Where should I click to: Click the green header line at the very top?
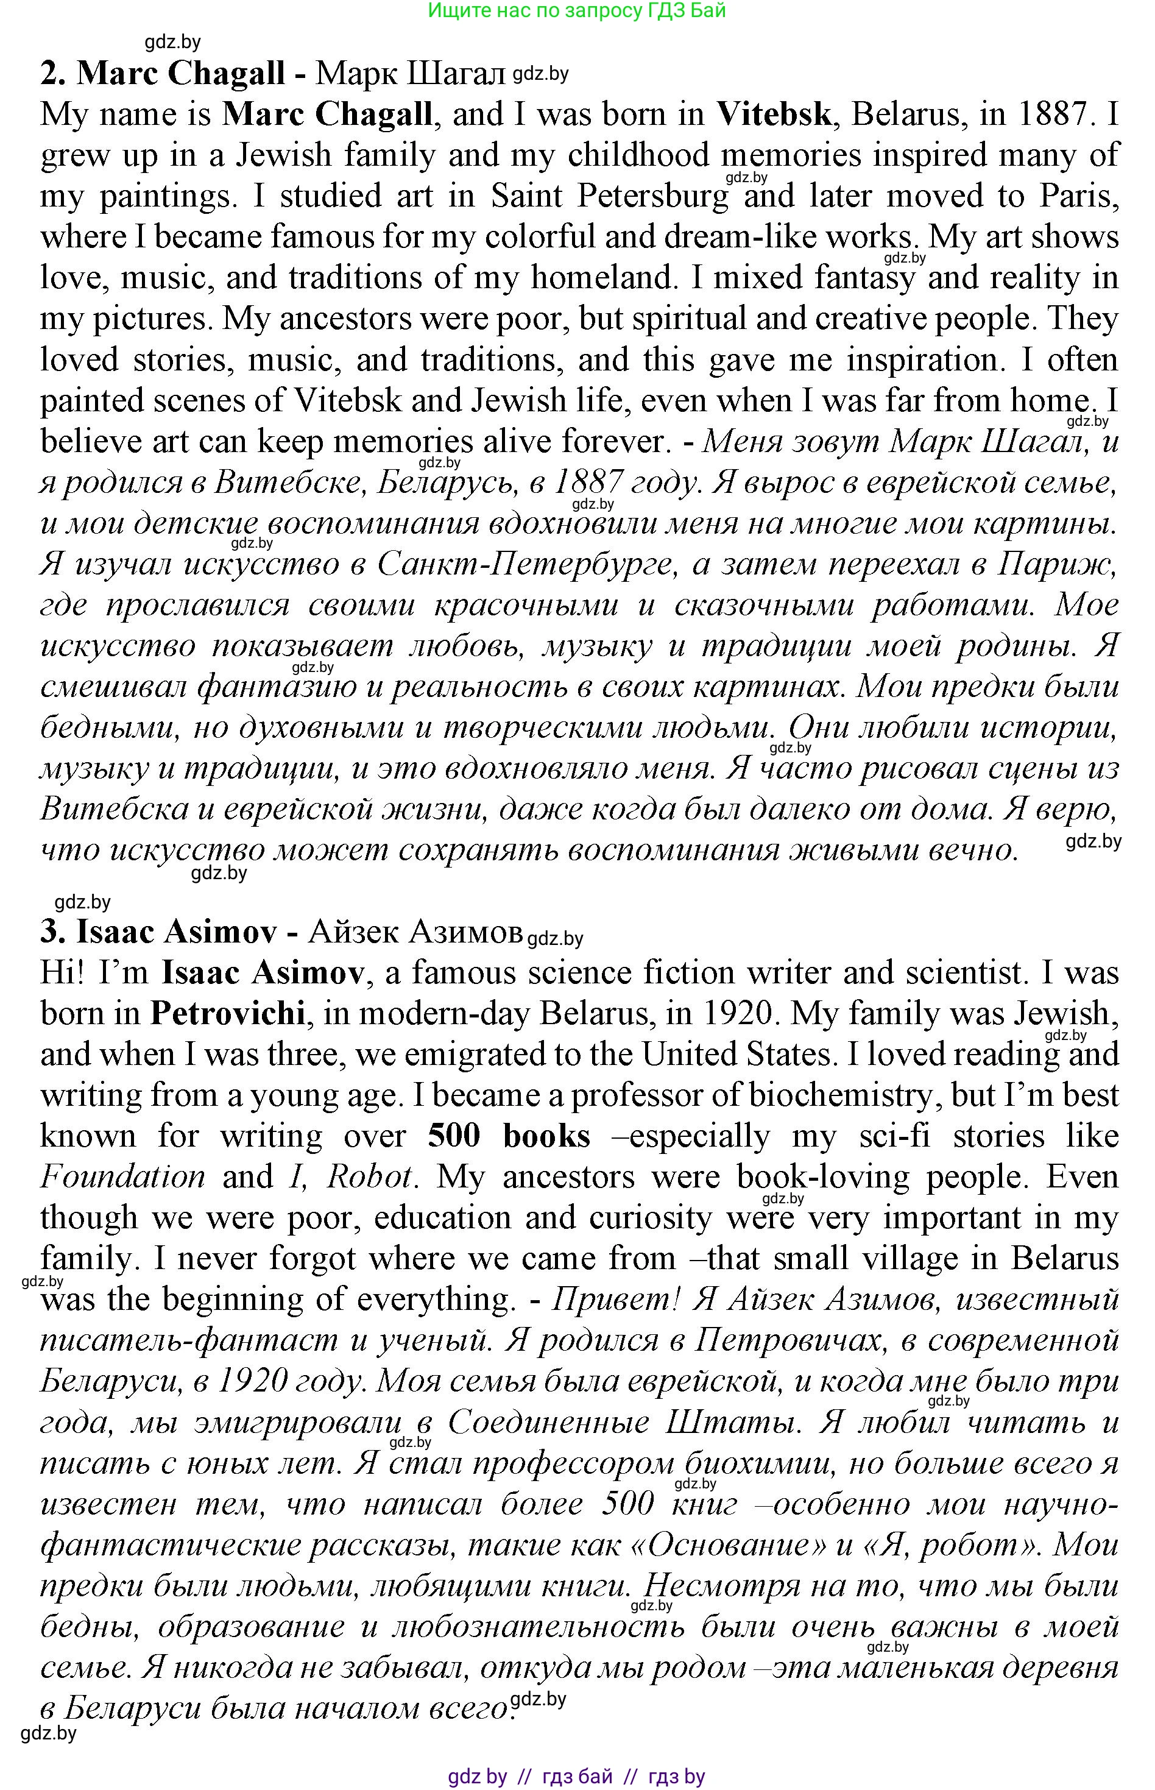[x=576, y=10]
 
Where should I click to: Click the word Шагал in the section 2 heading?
[x=457, y=74]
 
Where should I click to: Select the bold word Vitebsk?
[x=773, y=114]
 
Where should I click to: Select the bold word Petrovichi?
[x=227, y=1013]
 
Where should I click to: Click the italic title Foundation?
[x=122, y=1176]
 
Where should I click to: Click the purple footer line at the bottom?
[x=576, y=1776]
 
